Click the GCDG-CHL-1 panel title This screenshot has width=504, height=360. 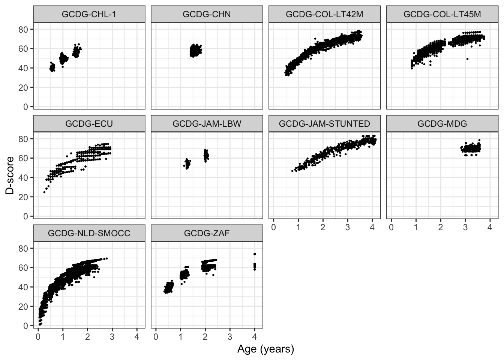(x=89, y=14)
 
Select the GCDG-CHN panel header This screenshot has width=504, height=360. (x=207, y=14)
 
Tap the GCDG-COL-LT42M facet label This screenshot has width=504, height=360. (x=324, y=14)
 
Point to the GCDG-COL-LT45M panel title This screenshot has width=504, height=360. (x=442, y=14)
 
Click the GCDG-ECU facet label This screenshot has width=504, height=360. (x=89, y=124)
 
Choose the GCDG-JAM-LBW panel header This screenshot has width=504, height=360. (x=207, y=124)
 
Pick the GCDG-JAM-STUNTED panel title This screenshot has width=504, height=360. (x=324, y=124)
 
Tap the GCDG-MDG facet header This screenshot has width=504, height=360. (x=442, y=124)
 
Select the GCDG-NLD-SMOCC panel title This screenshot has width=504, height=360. (x=89, y=233)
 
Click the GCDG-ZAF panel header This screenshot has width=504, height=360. (x=207, y=233)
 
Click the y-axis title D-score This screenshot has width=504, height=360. (x=10, y=175)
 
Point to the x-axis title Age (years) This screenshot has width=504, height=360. (x=265, y=349)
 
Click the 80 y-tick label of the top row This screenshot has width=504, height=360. (x=24, y=29)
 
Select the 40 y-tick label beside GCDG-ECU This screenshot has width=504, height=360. (x=24, y=177)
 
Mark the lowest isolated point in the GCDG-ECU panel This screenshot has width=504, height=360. (x=44, y=192)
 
